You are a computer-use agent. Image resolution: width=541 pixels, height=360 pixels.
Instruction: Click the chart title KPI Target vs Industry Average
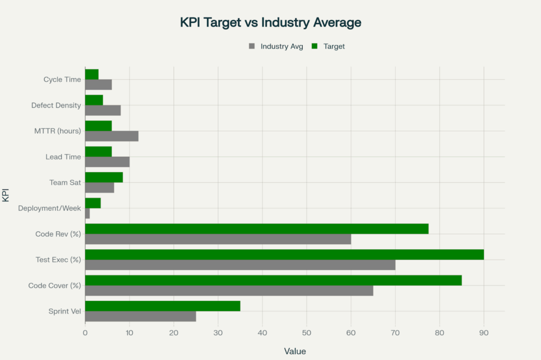[x=270, y=22]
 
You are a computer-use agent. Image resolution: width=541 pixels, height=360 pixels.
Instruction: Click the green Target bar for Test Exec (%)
[x=284, y=254]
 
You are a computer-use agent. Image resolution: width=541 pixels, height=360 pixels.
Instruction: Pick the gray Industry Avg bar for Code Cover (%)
[x=229, y=291]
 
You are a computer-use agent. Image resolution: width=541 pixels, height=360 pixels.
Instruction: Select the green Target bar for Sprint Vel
[x=163, y=306]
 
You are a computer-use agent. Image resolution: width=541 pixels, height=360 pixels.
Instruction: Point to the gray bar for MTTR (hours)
[x=111, y=136]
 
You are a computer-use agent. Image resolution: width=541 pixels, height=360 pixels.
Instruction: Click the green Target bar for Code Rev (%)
[x=257, y=229]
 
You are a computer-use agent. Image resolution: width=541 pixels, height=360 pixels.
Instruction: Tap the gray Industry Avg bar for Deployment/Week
[x=88, y=213]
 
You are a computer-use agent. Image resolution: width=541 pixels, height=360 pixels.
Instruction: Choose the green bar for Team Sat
[x=104, y=177]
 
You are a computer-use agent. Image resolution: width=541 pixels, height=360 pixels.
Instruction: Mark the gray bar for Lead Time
[x=107, y=162]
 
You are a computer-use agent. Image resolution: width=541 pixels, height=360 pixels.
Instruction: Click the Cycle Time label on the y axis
[x=62, y=80]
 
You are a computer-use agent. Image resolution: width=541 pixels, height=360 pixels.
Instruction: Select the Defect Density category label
[x=56, y=106]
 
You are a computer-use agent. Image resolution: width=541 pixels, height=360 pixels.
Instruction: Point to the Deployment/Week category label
[x=50, y=209]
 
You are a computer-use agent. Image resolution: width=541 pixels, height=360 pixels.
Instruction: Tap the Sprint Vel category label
[x=65, y=311]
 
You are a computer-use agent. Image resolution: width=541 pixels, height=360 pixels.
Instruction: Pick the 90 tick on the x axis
[x=483, y=333]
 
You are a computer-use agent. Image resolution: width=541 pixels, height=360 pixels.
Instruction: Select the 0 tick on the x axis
[x=85, y=333]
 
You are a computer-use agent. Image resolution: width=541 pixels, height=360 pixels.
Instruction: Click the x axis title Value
[x=295, y=351]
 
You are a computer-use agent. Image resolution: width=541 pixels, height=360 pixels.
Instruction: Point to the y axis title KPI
[x=6, y=195]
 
